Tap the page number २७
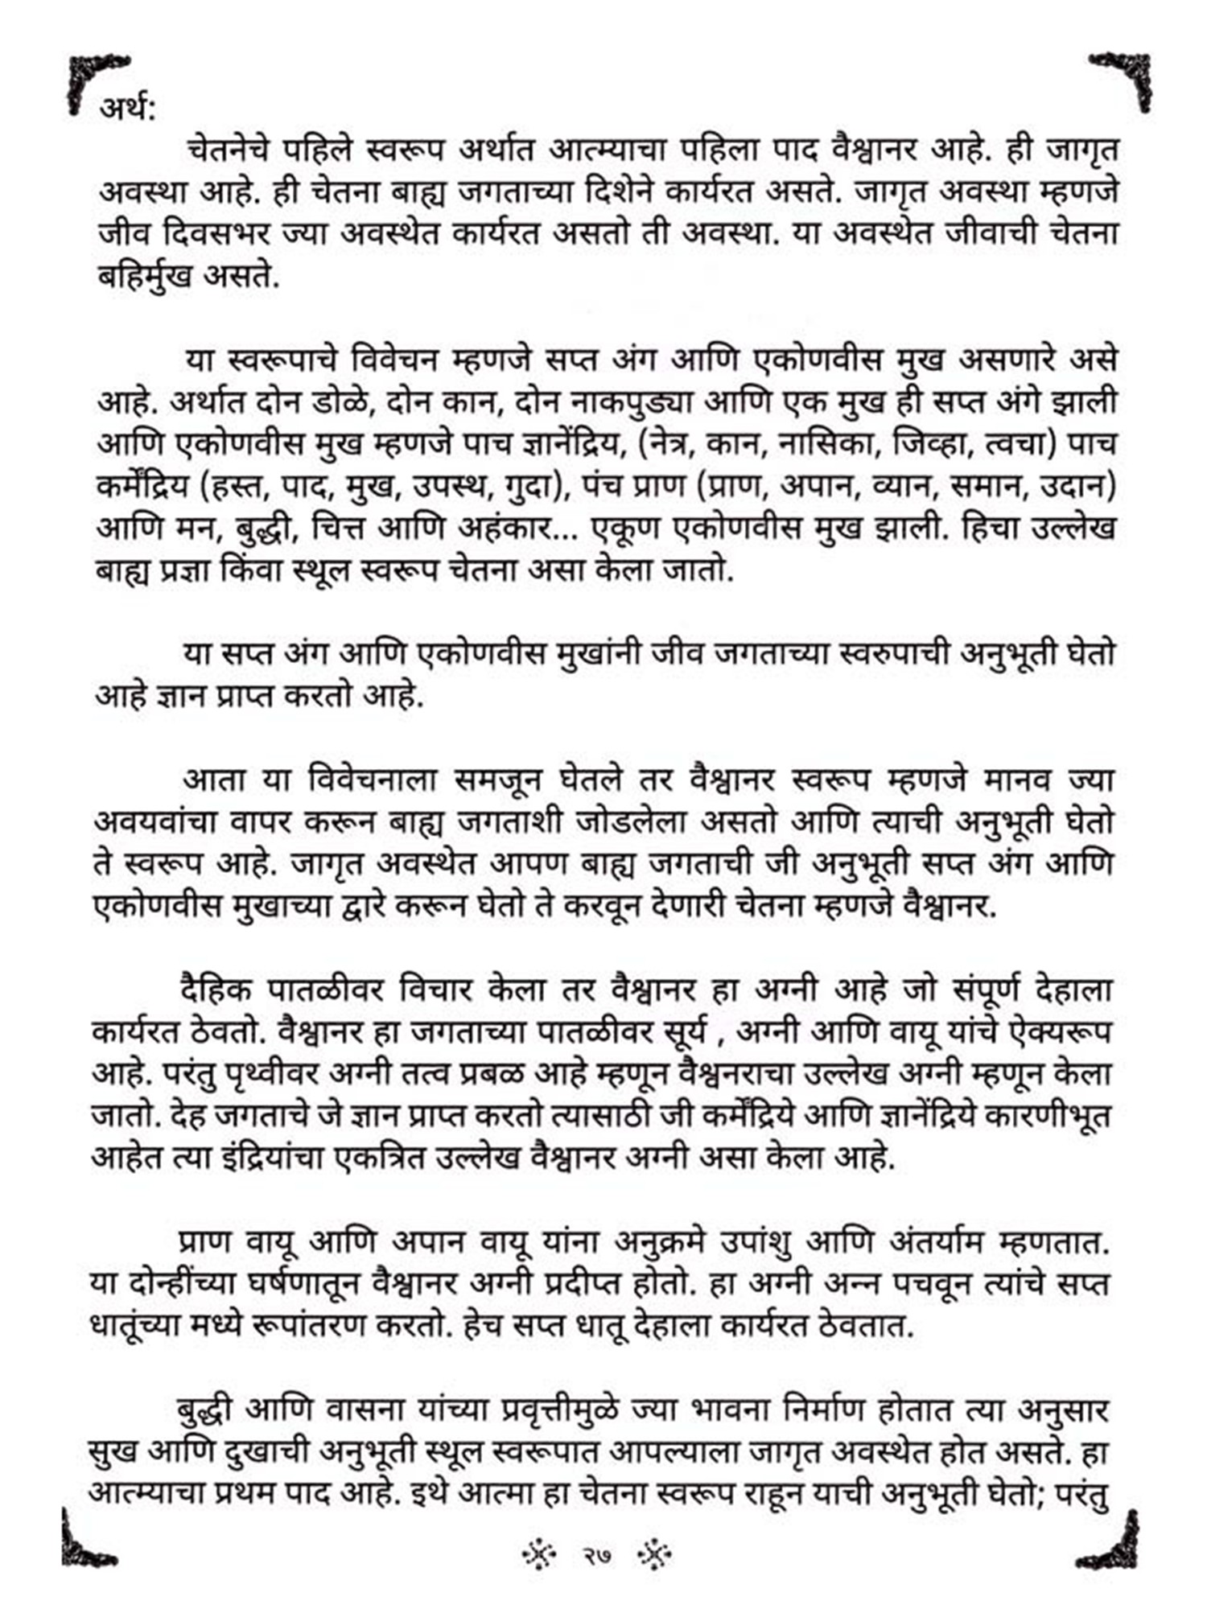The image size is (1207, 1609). (x=598, y=1555)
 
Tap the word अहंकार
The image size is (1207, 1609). (x=505, y=528)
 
